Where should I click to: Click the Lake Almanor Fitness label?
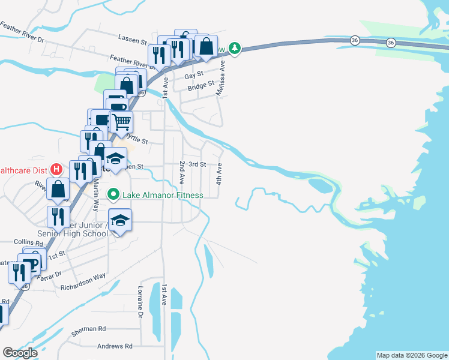point(163,195)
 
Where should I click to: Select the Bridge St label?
point(200,87)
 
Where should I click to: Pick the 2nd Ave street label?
point(181,173)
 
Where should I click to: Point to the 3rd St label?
point(197,164)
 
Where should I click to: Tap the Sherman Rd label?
point(88,329)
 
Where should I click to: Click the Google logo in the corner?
point(20,353)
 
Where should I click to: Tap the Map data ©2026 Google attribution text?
point(412,355)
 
